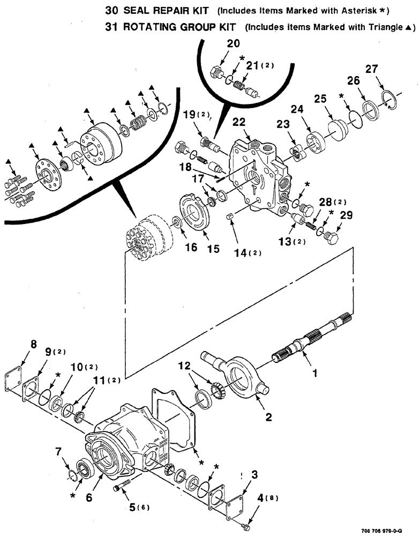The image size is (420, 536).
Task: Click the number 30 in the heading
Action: pos(111,10)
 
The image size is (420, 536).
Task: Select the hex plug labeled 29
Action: pos(333,235)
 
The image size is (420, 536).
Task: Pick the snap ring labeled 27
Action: pos(389,100)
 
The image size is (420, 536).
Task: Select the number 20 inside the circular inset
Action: pos(233,45)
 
